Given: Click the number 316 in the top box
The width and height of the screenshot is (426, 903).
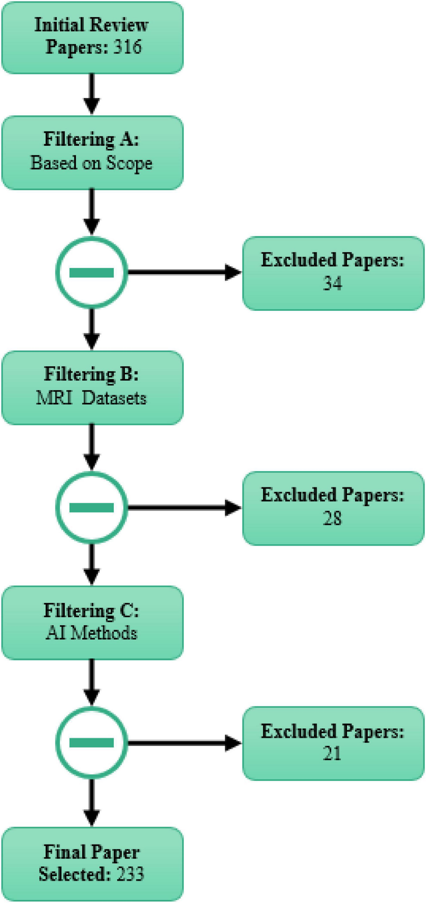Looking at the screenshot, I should point(127,47).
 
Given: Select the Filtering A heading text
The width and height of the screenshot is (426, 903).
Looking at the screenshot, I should point(91,139).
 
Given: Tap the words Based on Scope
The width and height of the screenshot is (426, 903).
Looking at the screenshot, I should point(91,163).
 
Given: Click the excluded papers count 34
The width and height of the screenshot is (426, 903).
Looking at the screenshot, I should point(332,283).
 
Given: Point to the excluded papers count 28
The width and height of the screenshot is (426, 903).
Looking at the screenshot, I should point(332,518).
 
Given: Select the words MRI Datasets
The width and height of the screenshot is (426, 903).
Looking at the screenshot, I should point(91,398).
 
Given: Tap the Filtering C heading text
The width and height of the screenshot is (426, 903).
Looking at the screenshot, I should point(91,610).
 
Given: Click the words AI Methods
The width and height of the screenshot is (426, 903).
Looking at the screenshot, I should point(91,633).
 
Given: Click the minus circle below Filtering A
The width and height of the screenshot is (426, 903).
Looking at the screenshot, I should point(92,273).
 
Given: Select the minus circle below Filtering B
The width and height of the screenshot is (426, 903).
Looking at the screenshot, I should point(92,507).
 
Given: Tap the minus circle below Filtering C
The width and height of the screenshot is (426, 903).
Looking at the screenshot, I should point(92,743).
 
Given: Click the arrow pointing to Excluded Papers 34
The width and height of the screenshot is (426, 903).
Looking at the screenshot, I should point(185,273).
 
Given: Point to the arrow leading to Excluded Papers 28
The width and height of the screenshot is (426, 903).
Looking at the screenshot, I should point(185,507).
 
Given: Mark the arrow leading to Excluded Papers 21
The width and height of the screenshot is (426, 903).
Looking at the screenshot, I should point(185,743).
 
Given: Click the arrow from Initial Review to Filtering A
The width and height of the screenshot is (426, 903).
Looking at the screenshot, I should point(92,94).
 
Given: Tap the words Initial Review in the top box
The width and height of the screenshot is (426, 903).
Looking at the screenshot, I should point(91,25).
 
